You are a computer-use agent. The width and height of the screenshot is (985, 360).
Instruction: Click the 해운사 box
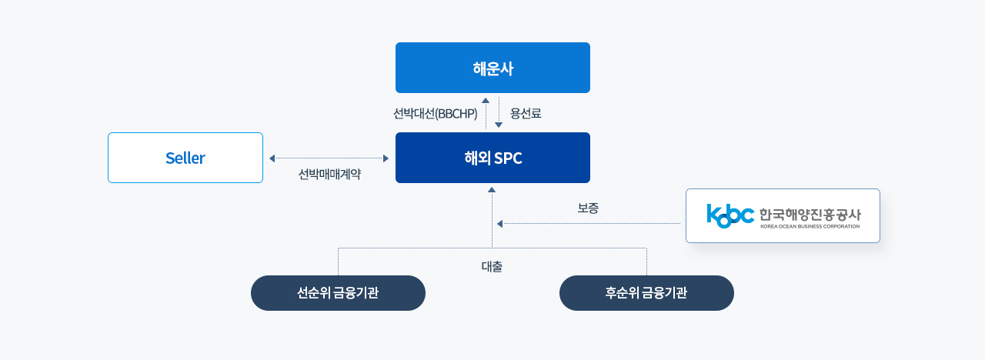(492, 68)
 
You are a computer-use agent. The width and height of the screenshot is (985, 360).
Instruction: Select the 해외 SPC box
(492, 158)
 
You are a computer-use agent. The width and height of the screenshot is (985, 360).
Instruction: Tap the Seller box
(185, 158)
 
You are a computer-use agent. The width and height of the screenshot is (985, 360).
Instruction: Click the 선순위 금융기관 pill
(338, 293)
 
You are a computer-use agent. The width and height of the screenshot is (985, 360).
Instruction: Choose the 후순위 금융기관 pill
(646, 293)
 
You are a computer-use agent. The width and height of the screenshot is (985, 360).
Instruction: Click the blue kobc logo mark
(730, 216)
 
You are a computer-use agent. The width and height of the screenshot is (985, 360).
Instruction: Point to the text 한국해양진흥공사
(810, 215)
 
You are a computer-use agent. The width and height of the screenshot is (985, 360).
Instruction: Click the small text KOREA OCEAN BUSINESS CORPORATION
(810, 226)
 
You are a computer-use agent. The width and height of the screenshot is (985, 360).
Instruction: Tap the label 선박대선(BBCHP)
(435, 113)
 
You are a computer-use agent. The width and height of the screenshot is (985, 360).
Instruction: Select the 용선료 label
(526, 113)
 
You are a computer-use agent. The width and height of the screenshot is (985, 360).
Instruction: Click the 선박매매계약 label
(329, 174)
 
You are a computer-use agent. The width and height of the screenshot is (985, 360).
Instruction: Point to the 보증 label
(588, 208)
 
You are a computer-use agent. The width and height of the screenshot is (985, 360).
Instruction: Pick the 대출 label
(492, 266)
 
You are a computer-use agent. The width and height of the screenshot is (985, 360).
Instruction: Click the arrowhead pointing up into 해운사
(486, 100)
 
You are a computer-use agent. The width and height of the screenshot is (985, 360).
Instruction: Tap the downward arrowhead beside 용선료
(499, 125)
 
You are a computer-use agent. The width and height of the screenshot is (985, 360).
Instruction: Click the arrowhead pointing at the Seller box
(272, 158)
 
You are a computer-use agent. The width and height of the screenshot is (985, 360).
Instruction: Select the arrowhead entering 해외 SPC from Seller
(386, 158)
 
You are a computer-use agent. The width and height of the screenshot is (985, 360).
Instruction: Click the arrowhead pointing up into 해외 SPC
(492, 190)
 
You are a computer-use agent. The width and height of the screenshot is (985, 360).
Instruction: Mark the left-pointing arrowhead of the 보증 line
(499, 224)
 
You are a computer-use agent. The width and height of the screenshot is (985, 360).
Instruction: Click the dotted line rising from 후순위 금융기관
(646, 262)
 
